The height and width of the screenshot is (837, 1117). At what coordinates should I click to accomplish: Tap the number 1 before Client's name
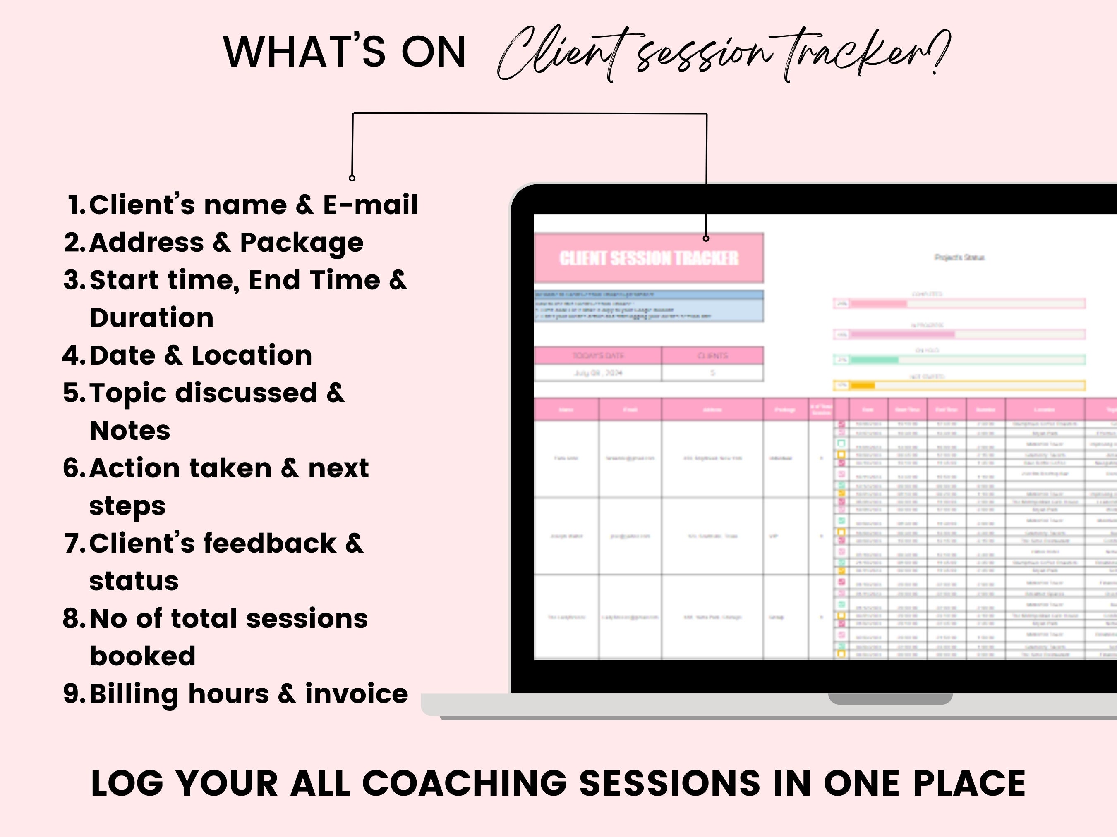(x=77, y=205)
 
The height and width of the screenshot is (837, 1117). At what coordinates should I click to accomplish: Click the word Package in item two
(x=302, y=243)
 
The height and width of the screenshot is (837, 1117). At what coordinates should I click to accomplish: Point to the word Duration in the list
(x=151, y=318)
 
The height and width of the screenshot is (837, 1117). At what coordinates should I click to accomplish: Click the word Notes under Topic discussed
(x=130, y=430)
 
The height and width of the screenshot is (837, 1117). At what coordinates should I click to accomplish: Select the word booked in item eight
(x=142, y=656)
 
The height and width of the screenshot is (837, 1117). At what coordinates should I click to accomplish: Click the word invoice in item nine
(x=357, y=694)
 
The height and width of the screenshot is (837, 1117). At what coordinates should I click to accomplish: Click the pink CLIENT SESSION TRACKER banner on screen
(x=648, y=258)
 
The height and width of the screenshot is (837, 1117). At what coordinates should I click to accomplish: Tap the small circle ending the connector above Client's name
(x=352, y=178)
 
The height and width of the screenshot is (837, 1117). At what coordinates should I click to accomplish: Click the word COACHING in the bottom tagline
(x=465, y=784)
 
